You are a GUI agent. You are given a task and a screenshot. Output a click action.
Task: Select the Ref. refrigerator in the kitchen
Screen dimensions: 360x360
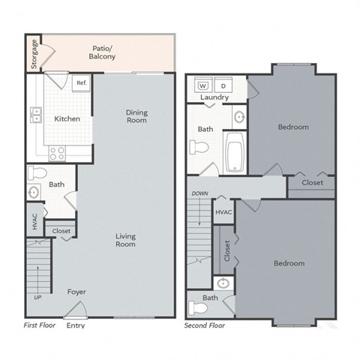[x=81, y=82]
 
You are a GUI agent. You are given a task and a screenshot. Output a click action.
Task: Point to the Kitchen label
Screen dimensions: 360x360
[x=67, y=119]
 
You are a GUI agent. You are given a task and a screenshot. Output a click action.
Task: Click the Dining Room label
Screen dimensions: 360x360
[x=136, y=116]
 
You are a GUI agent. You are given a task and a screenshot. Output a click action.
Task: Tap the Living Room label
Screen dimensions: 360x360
[x=125, y=240]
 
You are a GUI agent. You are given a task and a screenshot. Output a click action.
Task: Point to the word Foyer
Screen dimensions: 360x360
[x=76, y=292]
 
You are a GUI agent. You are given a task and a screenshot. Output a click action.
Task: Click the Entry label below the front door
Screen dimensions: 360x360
[x=75, y=325]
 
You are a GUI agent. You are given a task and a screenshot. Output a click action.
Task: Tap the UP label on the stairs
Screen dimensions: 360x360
[x=38, y=297]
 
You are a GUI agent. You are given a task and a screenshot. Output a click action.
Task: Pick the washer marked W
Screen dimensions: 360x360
[x=202, y=85]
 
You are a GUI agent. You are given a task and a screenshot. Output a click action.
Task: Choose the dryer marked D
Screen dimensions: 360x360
[x=223, y=85]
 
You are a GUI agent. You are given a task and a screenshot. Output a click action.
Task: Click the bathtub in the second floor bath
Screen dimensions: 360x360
[x=235, y=151]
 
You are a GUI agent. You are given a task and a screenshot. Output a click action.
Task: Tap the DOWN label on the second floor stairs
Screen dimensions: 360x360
[x=199, y=193]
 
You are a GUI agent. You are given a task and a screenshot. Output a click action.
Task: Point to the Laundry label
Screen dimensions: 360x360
[x=214, y=98]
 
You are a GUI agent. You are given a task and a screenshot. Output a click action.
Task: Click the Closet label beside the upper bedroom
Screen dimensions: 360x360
[x=312, y=182]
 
